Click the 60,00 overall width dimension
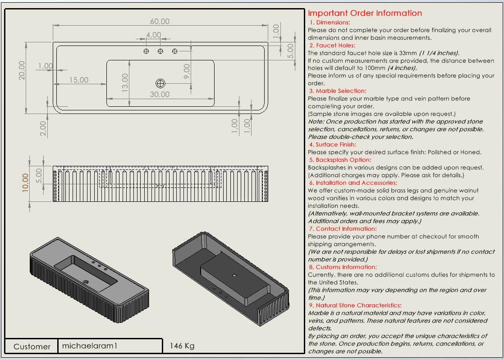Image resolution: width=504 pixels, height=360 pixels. click(x=160, y=22)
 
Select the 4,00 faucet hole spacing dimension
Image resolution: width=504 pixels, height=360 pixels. click(x=153, y=35)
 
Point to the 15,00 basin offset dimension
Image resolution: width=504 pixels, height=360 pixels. click(x=79, y=80)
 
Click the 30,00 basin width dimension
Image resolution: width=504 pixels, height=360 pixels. click(x=160, y=95)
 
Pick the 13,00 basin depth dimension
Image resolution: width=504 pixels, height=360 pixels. click(x=125, y=82)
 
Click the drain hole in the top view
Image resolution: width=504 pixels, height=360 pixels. click(x=160, y=83)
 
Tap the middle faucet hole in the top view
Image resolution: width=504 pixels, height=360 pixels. click(x=160, y=51)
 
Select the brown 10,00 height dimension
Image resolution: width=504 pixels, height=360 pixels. click(x=26, y=182)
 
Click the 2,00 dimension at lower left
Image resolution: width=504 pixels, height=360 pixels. click(x=43, y=128)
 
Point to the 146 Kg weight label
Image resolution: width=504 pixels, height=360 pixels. click(x=182, y=346)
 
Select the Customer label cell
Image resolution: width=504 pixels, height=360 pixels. click(x=32, y=346)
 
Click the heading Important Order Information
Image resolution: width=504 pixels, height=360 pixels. click(x=365, y=13)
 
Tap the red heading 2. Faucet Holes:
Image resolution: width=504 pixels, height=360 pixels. click(x=332, y=46)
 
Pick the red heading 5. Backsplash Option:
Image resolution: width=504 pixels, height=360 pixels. click(x=340, y=160)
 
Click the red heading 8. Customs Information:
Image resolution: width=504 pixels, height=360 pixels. click(x=343, y=267)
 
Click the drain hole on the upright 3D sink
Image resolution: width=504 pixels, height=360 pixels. click(x=85, y=283)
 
